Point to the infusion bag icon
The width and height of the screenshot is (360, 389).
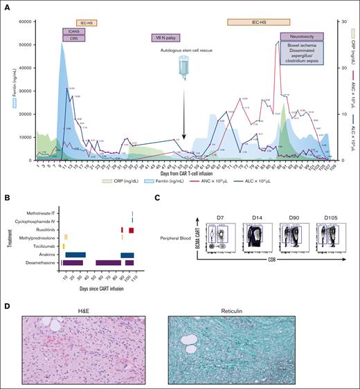pyautogui.click(x=184, y=70)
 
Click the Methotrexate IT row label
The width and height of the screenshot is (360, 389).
pyautogui.click(x=40, y=213)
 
